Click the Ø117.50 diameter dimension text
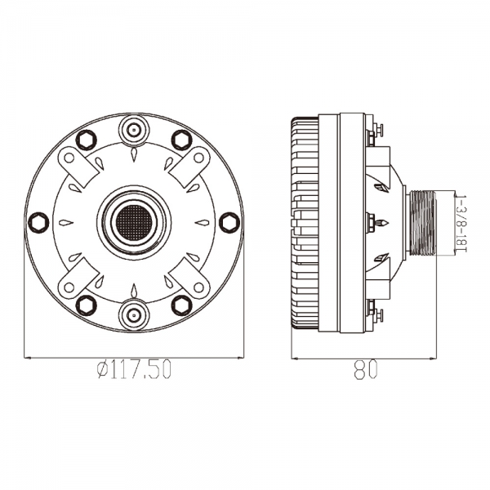(x=134, y=369)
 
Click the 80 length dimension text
(x=366, y=369)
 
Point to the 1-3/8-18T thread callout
(x=461, y=224)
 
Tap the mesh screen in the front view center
(x=134, y=222)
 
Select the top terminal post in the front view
(x=134, y=129)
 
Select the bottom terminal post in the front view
(x=134, y=314)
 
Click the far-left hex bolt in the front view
(x=38, y=222)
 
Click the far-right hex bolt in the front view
(x=229, y=222)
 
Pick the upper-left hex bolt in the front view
(x=87, y=140)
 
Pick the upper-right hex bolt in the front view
(x=182, y=140)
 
